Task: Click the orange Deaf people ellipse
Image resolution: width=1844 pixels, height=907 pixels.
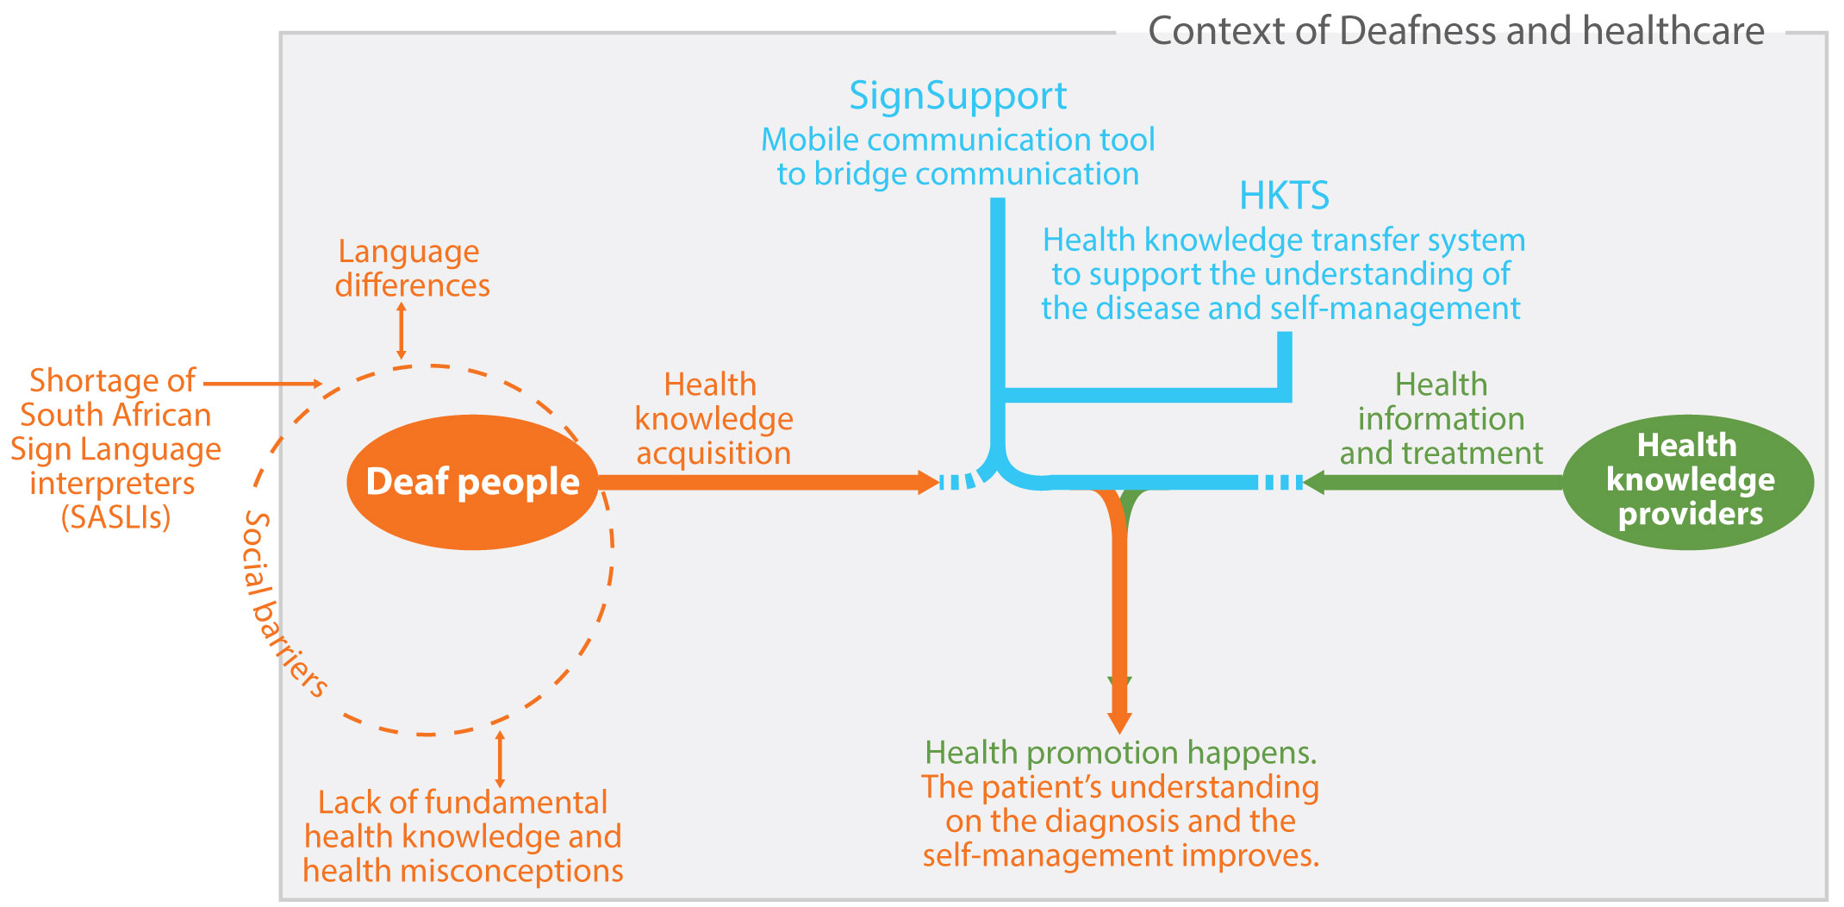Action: coord(472,482)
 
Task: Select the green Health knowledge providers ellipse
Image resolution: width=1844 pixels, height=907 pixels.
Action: coord(1688,480)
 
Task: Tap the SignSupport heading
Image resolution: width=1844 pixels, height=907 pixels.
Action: coord(957,96)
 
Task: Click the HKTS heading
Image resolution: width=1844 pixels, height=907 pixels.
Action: coord(1284,197)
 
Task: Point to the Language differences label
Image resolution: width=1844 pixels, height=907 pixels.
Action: coord(412,268)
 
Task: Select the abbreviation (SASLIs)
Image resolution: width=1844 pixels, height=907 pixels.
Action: coord(115,517)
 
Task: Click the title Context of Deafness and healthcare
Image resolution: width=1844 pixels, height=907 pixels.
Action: coord(1455,31)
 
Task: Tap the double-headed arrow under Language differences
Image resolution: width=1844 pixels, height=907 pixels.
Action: coord(401,330)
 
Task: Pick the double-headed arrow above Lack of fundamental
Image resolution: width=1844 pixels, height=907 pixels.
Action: coord(500,759)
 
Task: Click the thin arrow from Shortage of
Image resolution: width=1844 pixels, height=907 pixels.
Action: coord(263,384)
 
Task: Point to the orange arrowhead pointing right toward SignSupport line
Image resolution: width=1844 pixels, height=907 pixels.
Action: coord(929,482)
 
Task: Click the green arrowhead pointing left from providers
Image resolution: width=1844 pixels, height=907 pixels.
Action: coord(1313,482)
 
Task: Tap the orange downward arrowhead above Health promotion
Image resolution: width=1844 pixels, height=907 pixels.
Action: coord(1119,721)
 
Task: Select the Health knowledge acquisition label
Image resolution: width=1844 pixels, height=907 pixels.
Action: coord(713,419)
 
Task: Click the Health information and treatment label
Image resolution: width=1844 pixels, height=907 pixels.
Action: coord(1441,419)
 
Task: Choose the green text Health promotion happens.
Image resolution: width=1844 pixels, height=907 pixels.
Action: coord(1120,753)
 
